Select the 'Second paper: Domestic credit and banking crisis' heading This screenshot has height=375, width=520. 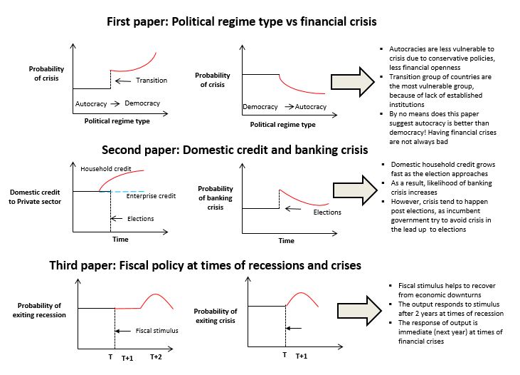point(235,150)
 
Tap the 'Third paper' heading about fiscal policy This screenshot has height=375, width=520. point(205,265)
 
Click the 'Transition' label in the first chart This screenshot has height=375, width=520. point(151,81)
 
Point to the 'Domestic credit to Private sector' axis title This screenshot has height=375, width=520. point(36,197)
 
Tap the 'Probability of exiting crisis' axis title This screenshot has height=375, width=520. point(216,315)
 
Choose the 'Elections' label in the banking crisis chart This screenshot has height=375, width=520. point(327,212)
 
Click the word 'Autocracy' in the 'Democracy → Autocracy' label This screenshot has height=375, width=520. point(311,107)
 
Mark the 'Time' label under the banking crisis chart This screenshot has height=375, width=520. point(286,241)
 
